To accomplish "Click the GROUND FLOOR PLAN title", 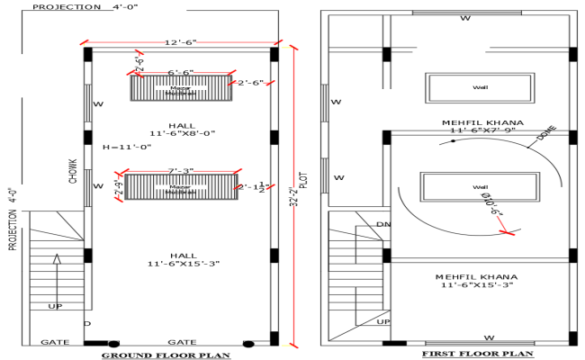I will click(x=165, y=355).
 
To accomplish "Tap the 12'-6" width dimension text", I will click(x=180, y=43).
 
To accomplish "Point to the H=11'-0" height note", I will click(x=126, y=147).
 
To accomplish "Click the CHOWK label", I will click(x=74, y=171).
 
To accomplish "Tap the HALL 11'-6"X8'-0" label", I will click(x=180, y=128).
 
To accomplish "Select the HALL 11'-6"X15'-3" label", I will click(x=180, y=258).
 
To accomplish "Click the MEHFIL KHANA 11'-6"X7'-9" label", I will click(x=477, y=126).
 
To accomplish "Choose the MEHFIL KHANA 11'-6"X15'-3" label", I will click(x=477, y=279).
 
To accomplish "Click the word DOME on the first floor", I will click(x=546, y=133).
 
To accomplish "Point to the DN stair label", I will click(x=383, y=224).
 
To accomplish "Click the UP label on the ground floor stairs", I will click(x=55, y=307).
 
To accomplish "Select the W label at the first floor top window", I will click(x=465, y=17).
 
